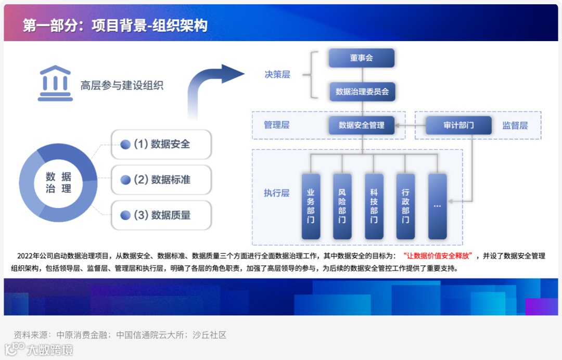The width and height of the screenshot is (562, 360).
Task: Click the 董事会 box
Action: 362,58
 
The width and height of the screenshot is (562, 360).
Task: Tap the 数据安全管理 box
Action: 362,125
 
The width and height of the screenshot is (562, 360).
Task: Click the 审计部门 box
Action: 458,125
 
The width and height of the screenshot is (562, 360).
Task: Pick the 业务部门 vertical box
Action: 311,206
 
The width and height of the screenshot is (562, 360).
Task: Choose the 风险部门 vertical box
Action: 342,206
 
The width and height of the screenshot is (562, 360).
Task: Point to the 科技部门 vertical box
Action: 374,206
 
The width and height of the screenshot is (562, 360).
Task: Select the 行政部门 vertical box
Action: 405,206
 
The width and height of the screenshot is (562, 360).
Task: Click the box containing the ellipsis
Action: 437,206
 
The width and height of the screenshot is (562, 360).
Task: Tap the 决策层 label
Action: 277,74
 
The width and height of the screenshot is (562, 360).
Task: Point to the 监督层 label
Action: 515,125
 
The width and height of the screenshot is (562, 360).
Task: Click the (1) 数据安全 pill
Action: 161,145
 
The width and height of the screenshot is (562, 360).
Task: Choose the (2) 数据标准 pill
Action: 161,180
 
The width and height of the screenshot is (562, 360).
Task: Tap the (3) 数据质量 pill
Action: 161,215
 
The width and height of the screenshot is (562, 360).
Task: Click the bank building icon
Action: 55,83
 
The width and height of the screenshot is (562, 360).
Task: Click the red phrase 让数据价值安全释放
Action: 437,256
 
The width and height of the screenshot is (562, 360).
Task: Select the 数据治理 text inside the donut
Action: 58,182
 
